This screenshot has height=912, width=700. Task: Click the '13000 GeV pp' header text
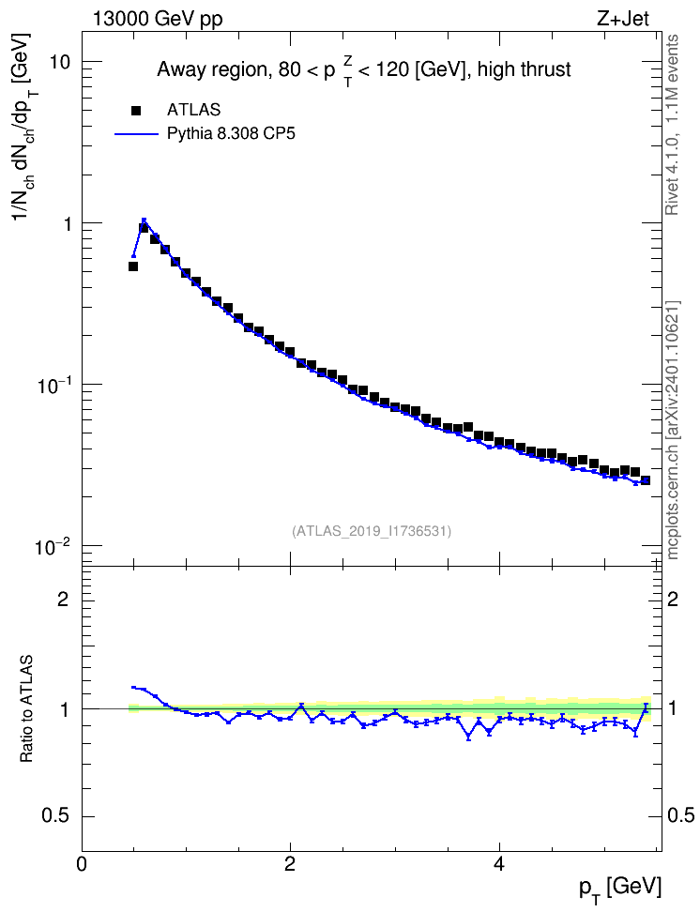click(x=158, y=19)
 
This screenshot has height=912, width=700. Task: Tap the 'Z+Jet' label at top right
click(x=623, y=19)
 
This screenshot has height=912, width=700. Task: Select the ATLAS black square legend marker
click(x=135, y=110)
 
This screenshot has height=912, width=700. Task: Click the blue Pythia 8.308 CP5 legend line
click(x=137, y=134)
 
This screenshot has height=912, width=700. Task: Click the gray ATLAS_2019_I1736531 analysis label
click(x=372, y=531)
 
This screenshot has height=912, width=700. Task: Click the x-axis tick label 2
click(x=290, y=863)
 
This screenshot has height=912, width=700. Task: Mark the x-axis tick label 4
click(x=498, y=863)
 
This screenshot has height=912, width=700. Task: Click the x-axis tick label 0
click(x=82, y=863)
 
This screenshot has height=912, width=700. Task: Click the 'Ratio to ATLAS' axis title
click(x=26, y=709)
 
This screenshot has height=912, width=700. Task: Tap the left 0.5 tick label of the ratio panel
click(x=56, y=816)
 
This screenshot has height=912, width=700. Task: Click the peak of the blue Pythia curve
click(x=144, y=220)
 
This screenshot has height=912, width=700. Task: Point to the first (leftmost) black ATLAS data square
click(x=133, y=266)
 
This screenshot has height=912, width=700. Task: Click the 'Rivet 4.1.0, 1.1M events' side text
click(x=673, y=125)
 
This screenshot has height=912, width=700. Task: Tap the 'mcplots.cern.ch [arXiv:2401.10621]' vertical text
click(x=673, y=431)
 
